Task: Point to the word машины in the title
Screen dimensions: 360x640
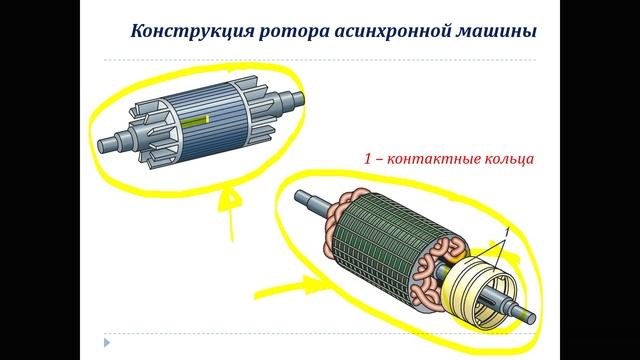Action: [494, 31]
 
